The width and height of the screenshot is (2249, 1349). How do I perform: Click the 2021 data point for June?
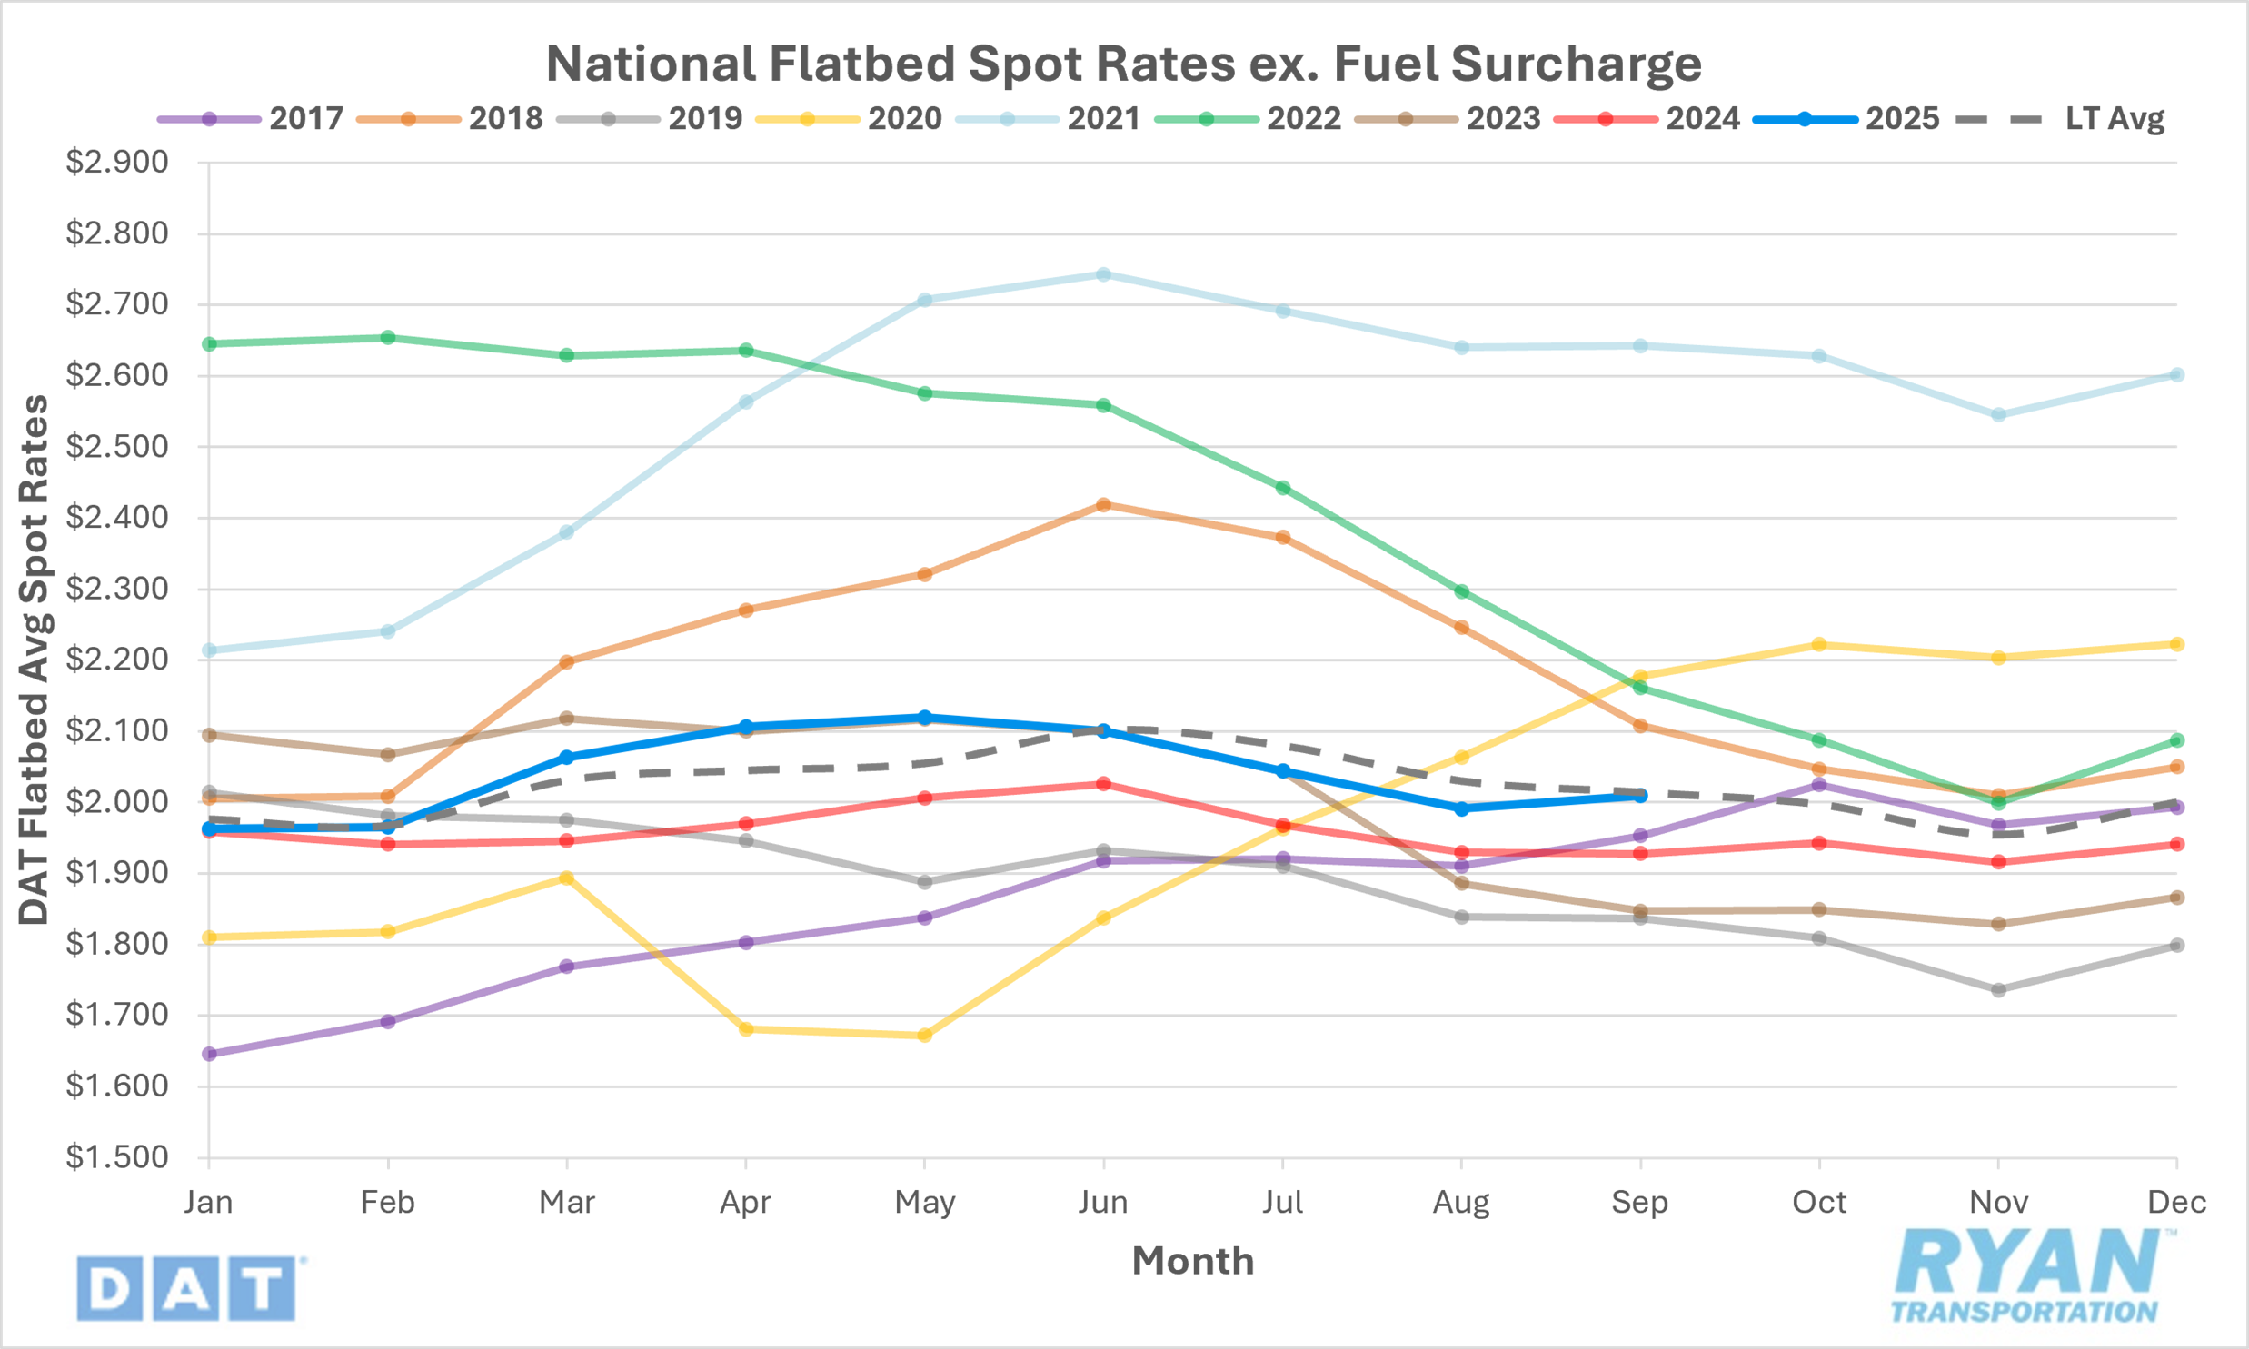coord(1103,274)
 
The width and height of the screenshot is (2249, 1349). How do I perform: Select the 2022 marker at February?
coord(388,338)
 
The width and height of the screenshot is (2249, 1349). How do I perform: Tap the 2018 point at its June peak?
coord(1103,504)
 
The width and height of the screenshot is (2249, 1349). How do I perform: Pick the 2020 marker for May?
coord(924,1036)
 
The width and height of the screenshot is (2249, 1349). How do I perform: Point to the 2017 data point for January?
coord(209,1054)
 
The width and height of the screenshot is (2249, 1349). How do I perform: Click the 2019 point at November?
coord(1999,990)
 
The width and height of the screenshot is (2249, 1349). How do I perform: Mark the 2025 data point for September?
coord(1641,796)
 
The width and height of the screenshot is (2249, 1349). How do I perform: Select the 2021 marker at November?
coord(1999,414)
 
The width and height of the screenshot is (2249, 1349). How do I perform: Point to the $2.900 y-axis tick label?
coord(117,163)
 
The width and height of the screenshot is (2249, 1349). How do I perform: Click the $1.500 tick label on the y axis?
coord(117,1157)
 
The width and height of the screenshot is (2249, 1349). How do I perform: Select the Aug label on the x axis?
coord(1461,1203)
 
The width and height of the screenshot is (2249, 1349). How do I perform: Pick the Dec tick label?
coord(2176,1203)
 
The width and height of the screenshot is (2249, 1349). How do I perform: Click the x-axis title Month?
coord(1193,1262)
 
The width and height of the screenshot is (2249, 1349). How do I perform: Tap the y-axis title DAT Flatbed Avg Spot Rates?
coord(35,660)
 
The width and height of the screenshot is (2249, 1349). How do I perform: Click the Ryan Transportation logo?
coord(2026,1275)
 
